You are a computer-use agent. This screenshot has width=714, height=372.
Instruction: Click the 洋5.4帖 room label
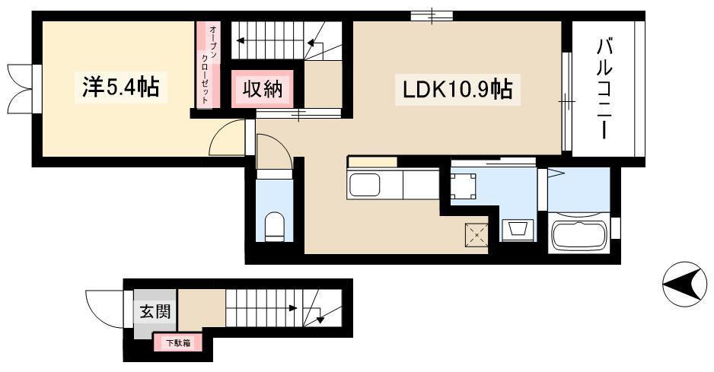coord(121,87)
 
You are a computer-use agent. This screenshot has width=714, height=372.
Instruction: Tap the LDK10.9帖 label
coord(457,89)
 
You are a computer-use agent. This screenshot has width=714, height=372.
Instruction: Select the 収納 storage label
coord(262,89)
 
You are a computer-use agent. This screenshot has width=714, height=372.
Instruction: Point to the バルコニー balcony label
coord(604,89)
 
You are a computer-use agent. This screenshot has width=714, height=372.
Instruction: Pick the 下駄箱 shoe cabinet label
coord(178,343)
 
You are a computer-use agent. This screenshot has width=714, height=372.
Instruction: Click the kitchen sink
coord(365,185)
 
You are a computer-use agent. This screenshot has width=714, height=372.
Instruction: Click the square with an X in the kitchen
coord(477,235)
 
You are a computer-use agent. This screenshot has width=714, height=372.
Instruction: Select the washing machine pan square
coord(463,186)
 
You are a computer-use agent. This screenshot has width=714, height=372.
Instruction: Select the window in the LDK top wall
coord(432,16)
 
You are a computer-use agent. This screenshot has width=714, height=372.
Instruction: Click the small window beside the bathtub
coord(616,228)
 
